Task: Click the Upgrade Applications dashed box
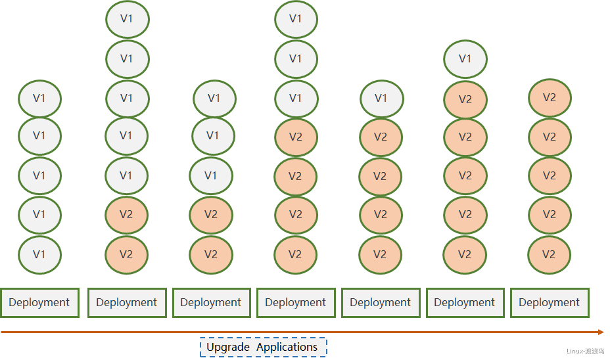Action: point(264,347)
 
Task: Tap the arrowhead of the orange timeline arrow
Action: point(601,332)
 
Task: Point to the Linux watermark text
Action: point(585,351)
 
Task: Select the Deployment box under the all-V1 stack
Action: point(39,302)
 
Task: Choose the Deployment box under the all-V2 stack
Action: point(550,302)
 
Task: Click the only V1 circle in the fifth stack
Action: point(382,99)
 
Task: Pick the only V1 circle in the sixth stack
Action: point(465,59)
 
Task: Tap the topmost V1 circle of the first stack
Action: point(39,99)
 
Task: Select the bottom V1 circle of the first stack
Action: point(39,255)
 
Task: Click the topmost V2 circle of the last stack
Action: point(550,98)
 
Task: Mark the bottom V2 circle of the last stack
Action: point(549,255)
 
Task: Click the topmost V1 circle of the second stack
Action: point(128,19)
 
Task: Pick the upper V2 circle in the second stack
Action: point(126,215)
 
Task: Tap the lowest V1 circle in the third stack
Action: point(211,175)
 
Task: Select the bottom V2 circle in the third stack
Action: point(211,255)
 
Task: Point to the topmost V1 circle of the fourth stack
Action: point(296,19)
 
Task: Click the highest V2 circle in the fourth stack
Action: point(296,137)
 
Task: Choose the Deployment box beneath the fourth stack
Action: point(296,302)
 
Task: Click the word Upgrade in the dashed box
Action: point(228,347)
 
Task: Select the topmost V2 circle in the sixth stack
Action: point(465,99)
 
